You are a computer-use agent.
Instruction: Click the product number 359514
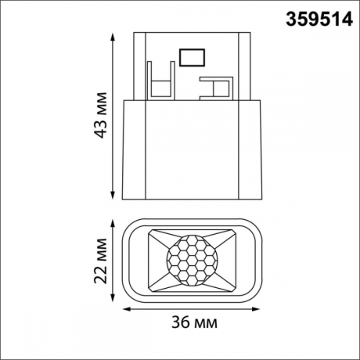point(314,16)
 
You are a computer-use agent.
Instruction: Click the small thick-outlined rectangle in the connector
point(191,57)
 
